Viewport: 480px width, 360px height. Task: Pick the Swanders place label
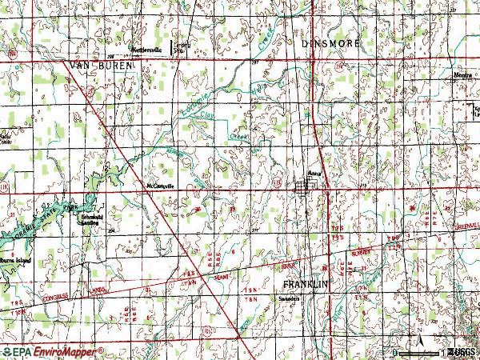[287, 301]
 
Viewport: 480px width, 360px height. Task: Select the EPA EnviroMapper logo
[53, 351]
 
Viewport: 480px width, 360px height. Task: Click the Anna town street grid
[305, 187]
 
